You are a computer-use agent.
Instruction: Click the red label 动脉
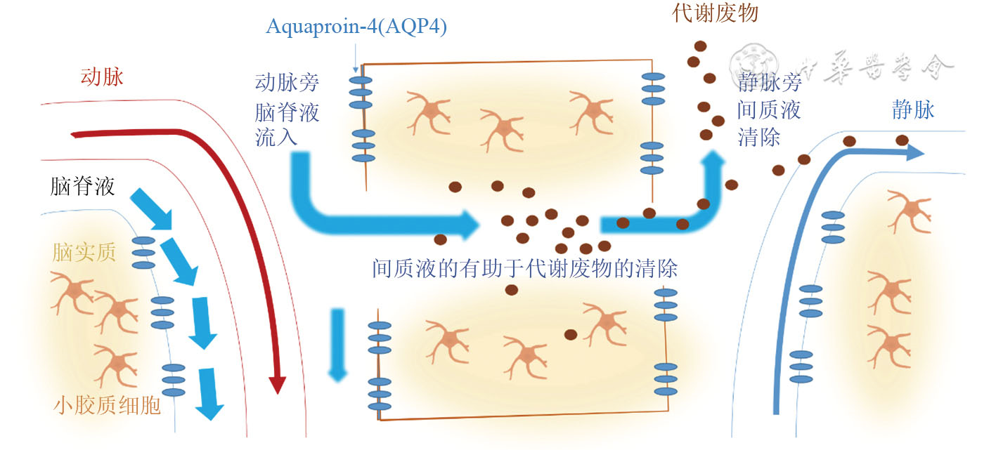click(x=102, y=77)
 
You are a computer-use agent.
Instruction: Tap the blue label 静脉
click(x=914, y=110)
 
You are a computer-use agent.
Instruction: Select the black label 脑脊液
click(x=82, y=186)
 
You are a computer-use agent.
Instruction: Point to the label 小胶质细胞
click(x=107, y=405)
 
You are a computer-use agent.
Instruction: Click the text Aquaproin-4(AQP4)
click(x=356, y=27)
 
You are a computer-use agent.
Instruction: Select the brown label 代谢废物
click(x=716, y=13)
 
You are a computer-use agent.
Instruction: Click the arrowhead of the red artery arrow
click(x=278, y=384)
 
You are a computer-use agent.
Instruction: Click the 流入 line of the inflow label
click(x=276, y=135)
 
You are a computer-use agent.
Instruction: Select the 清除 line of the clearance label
click(x=758, y=136)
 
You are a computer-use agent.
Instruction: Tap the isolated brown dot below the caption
click(x=512, y=290)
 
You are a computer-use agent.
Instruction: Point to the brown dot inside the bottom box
click(x=571, y=334)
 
